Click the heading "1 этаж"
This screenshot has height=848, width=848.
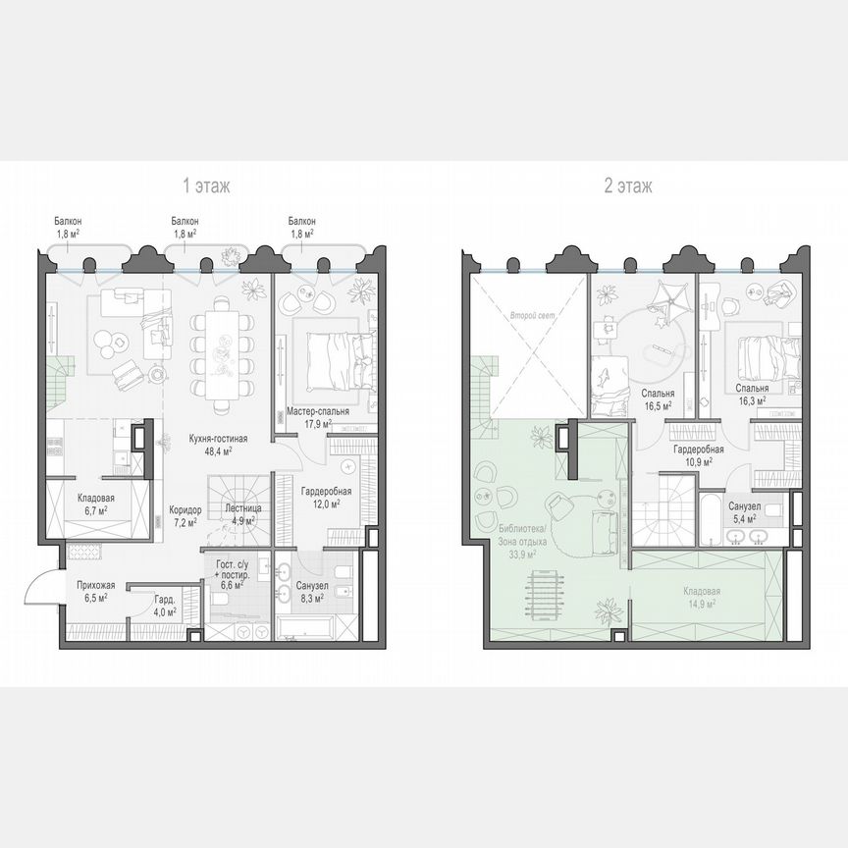(205, 185)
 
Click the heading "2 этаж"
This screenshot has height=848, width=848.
(628, 185)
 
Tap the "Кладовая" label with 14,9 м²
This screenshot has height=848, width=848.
(701, 592)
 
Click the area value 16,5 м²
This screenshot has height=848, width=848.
(658, 404)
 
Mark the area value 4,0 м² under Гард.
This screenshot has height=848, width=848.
(165, 611)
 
